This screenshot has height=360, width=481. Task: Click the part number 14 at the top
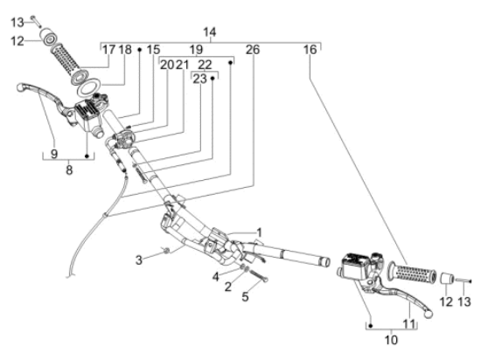[x=210, y=32]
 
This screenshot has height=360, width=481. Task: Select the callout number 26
[x=253, y=50]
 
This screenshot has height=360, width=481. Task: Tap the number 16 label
[x=310, y=50]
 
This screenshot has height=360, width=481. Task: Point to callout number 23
[x=199, y=79]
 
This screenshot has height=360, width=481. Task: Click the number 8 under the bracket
[x=69, y=170]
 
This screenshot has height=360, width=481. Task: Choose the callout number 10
[x=391, y=340]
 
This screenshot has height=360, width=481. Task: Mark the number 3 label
[x=139, y=260]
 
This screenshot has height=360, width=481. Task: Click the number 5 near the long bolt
[x=245, y=296]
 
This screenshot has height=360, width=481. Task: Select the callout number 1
[x=259, y=232]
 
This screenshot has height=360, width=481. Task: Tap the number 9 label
[x=54, y=154]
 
